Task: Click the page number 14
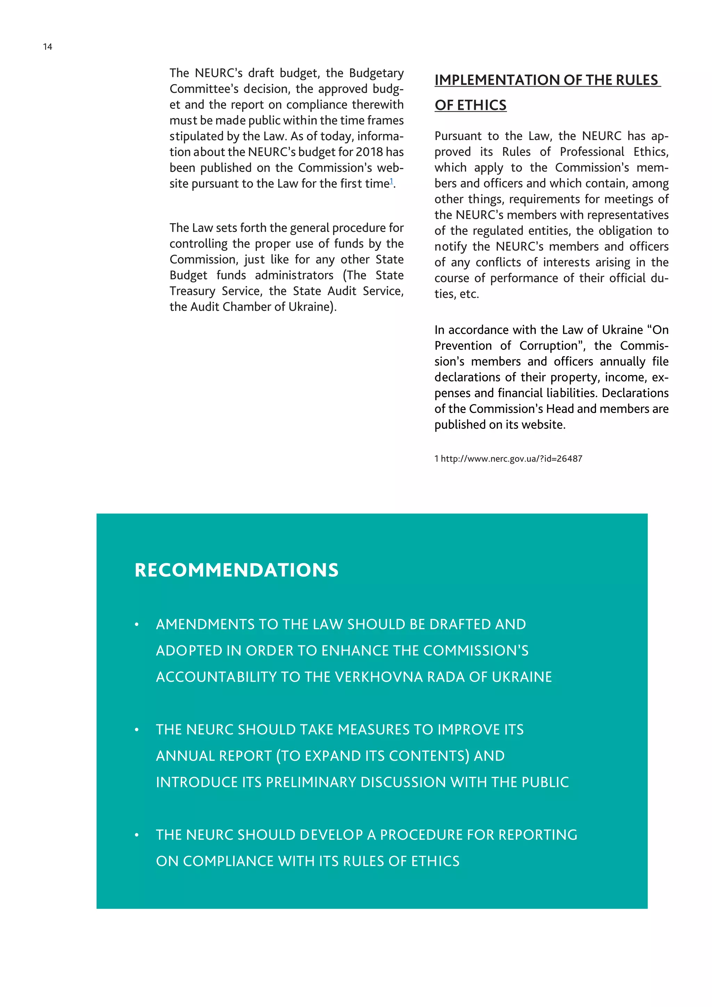47,47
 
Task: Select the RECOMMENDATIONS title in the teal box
236,570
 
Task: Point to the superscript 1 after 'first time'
391,181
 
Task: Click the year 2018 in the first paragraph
369,152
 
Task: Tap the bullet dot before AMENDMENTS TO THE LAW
137,625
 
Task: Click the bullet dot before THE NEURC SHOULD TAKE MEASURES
137,730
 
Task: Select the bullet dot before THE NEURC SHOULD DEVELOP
137,835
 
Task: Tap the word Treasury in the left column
192,291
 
